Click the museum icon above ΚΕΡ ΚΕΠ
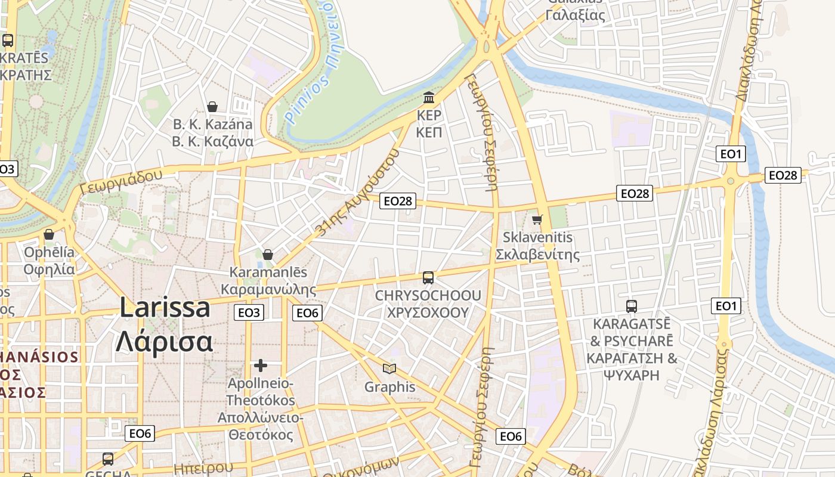coord(429,97)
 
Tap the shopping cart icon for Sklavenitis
coord(537,220)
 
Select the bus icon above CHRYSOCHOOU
coord(428,278)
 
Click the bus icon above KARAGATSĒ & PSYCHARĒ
coord(632,306)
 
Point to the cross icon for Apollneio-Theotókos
coord(260,366)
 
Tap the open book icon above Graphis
coord(389,369)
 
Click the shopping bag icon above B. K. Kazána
coord(212,107)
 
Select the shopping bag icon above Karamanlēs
coord(268,255)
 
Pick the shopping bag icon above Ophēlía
coord(49,234)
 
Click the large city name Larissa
coord(165,308)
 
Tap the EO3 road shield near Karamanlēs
coord(249,312)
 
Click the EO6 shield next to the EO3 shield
coord(307,312)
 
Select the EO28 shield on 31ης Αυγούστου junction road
coord(398,201)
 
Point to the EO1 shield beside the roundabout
coord(731,154)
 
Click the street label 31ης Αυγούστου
coord(357,193)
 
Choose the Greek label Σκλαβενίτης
coord(538,255)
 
